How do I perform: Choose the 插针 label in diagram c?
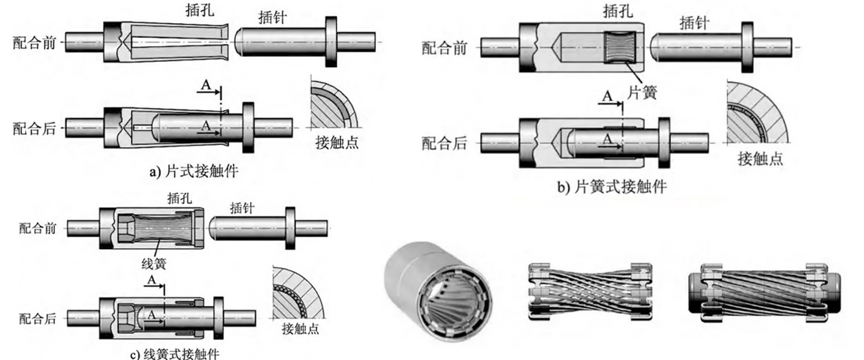(x=243, y=208)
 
